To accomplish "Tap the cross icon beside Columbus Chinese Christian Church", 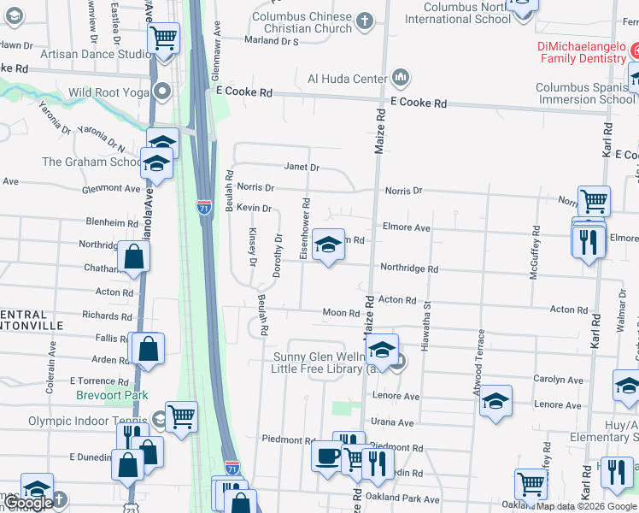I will pyautogui.click(x=364, y=20).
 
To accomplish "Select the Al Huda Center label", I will pyautogui.click(x=347, y=79).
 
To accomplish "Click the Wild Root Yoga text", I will pyautogui.click(x=105, y=92).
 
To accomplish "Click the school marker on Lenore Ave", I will pyautogui.click(x=495, y=401).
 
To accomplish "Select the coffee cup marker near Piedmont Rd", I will pyautogui.click(x=326, y=456).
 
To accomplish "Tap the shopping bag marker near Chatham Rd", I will pyautogui.click(x=134, y=255).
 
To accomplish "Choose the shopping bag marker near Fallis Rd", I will pyautogui.click(x=148, y=348).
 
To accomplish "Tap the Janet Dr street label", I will pyautogui.click(x=302, y=168).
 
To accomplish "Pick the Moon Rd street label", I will pyautogui.click(x=341, y=313).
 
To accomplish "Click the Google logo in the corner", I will pyautogui.click(x=28, y=503).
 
